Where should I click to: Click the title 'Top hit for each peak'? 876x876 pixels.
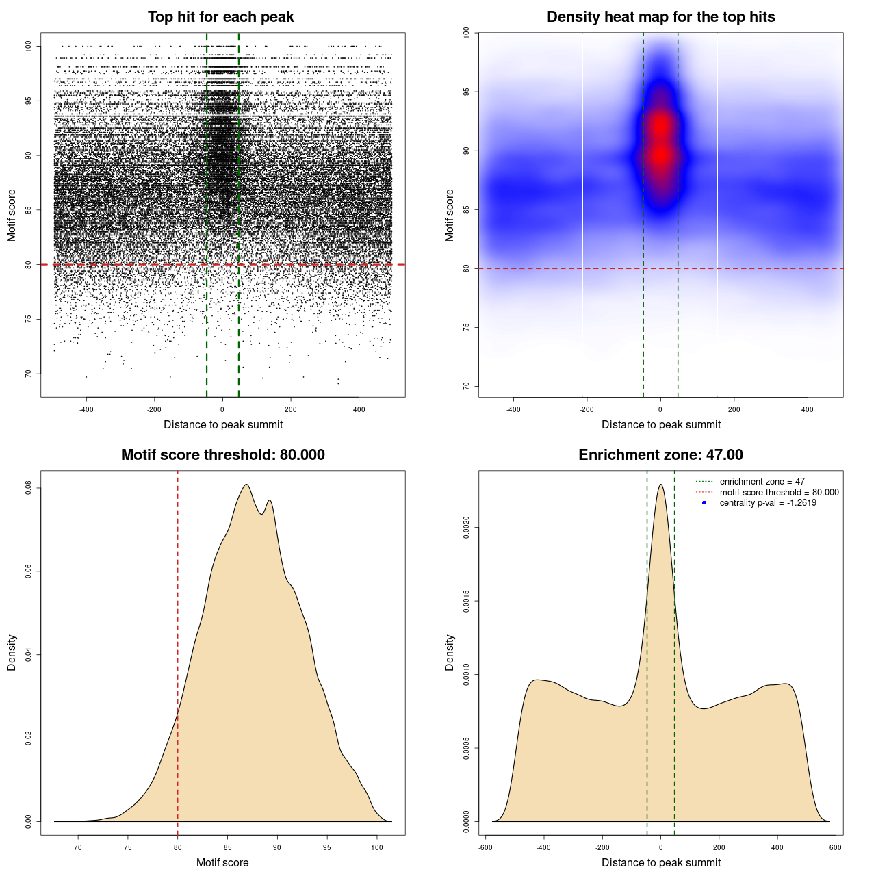(x=220, y=17)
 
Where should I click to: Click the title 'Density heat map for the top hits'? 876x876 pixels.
(x=660, y=17)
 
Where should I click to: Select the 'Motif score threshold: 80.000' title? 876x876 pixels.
(x=222, y=455)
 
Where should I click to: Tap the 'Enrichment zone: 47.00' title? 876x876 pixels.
(x=660, y=455)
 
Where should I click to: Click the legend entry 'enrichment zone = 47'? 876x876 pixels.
(x=762, y=482)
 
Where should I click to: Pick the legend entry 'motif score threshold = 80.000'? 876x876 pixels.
(x=779, y=492)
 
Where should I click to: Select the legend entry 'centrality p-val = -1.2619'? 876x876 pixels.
(x=768, y=503)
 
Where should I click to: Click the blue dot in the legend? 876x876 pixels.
(x=704, y=503)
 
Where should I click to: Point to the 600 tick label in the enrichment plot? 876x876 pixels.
(x=836, y=847)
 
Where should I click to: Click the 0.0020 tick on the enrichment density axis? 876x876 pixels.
(x=467, y=528)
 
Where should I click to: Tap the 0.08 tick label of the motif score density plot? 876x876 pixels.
(x=29, y=488)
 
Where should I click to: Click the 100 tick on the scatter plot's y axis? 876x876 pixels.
(x=29, y=46)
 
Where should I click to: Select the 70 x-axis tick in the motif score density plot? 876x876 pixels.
(x=78, y=847)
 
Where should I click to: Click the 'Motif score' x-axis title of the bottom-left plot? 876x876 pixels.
(x=222, y=862)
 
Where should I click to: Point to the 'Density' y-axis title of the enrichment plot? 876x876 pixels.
(x=450, y=652)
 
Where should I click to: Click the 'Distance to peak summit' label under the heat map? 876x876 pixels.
(x=660, y=424)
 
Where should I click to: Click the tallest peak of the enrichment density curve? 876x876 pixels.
(x=660, y=485)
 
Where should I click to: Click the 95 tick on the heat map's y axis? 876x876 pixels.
(x=467, y=92)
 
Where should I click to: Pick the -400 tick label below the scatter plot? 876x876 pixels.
(x=86, y=409)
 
